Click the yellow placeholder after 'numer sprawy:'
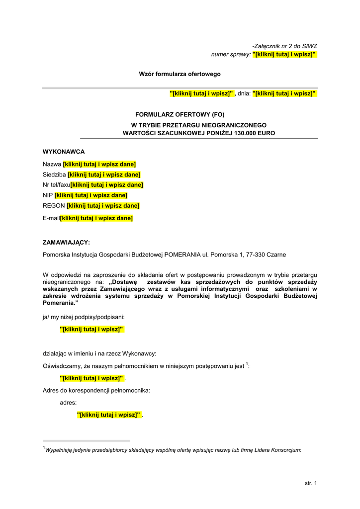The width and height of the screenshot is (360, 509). pyautogui.click(x=284, y=54)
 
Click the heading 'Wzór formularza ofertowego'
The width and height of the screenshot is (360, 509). pyautogui.click(x=180, y=74)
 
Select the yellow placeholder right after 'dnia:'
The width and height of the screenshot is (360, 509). pyautogui.click(x=284, y=93)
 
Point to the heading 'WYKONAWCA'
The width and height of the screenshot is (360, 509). pyautogui.click(x=64, y=152)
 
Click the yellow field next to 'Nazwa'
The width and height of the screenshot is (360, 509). pyautogui.click(x=99, y=165)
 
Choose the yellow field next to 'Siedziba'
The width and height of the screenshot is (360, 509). pyautogui.click(x=104, y=174)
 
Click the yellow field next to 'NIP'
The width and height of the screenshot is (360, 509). pyautogui.click(x=91, y=195)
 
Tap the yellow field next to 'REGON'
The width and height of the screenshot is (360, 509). pyautogui.click(x=103, y=206)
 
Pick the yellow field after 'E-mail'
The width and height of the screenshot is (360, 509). pyautogui.click(x=96, y=218)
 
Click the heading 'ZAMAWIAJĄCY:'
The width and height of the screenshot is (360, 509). pyautogui.click(x=67, y=243)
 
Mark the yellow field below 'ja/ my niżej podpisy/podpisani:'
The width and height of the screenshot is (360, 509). pyautogui.click(x=91, y=329)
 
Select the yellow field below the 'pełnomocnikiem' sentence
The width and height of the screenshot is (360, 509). pyautogui.click(x=91, y=378)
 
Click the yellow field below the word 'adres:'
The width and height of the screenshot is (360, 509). pyautogui.click(x=109, y=415)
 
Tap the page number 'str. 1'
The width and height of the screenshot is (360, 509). pyautogui.click(x=311, y=483)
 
